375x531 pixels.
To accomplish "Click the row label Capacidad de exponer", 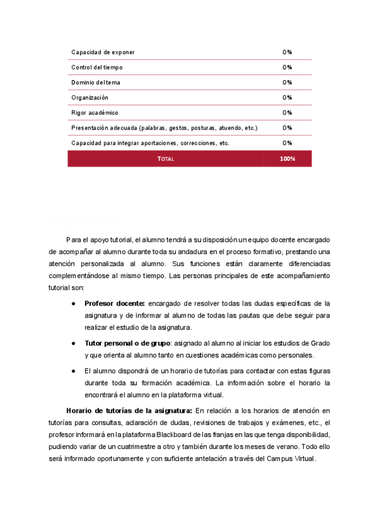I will [x=103, y=52].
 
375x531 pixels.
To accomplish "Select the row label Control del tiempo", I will [x=97, y=67].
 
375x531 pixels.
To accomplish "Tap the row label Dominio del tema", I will [x=96, y=82].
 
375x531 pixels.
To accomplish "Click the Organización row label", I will [x=90, y=97].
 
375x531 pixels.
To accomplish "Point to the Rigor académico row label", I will [x=95, y=113].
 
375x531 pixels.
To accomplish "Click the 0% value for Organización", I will [x=287, y=97].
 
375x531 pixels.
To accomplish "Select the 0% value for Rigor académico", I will [x=287, y=113].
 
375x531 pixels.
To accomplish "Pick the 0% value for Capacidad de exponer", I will [x=287, y=52].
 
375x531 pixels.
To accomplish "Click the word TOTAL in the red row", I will [x=166, y=159].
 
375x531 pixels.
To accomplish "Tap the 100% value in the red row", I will [x=287, y=159].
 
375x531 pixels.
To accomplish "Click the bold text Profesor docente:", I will [x=115, y=304].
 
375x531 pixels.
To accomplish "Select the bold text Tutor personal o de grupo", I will [x=128, y=343].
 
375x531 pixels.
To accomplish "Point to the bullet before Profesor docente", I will [x=74, y=304].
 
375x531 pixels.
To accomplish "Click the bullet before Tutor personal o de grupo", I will [x=74, y=343].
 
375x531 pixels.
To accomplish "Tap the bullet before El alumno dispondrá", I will [x=74, y=370].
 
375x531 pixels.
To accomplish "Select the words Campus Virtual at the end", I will [x=294, y=458].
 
